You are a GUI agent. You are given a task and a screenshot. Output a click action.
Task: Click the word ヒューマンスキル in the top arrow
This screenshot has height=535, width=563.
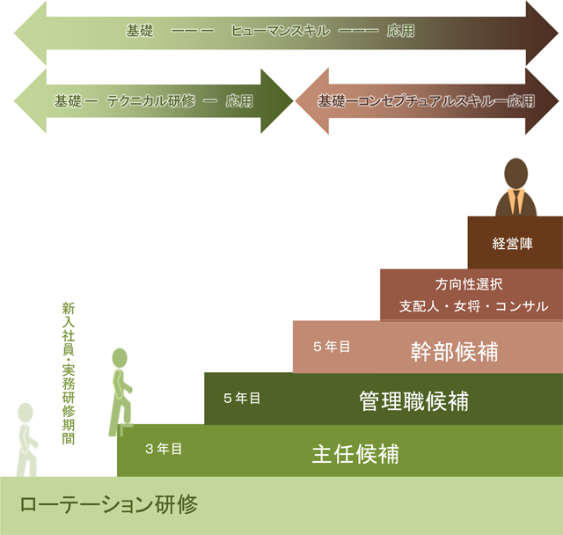click(x=280, y=31)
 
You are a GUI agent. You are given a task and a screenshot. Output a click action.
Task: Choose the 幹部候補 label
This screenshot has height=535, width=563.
click(x=454, y=350)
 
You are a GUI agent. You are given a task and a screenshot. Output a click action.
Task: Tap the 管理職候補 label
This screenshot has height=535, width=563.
click(x=413, y=401)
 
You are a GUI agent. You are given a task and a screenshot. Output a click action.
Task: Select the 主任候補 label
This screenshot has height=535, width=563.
click(x=355, y=454)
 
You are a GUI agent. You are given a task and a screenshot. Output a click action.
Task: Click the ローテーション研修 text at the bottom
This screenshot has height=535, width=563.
click(x=108, y=505)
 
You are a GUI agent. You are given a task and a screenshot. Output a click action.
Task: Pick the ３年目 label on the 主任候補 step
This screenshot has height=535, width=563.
click(x=164, y=449)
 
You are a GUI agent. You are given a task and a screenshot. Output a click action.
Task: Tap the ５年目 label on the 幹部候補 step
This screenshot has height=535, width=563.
click(x=331, y=347)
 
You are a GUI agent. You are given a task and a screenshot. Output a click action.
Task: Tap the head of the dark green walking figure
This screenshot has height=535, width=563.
click(x=120, y=357)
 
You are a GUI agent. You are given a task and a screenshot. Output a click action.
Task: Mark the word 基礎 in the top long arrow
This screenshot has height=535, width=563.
click(x=139, y=31)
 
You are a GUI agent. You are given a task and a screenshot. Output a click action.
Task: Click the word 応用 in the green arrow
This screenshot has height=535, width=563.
click(x=239, y=101)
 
